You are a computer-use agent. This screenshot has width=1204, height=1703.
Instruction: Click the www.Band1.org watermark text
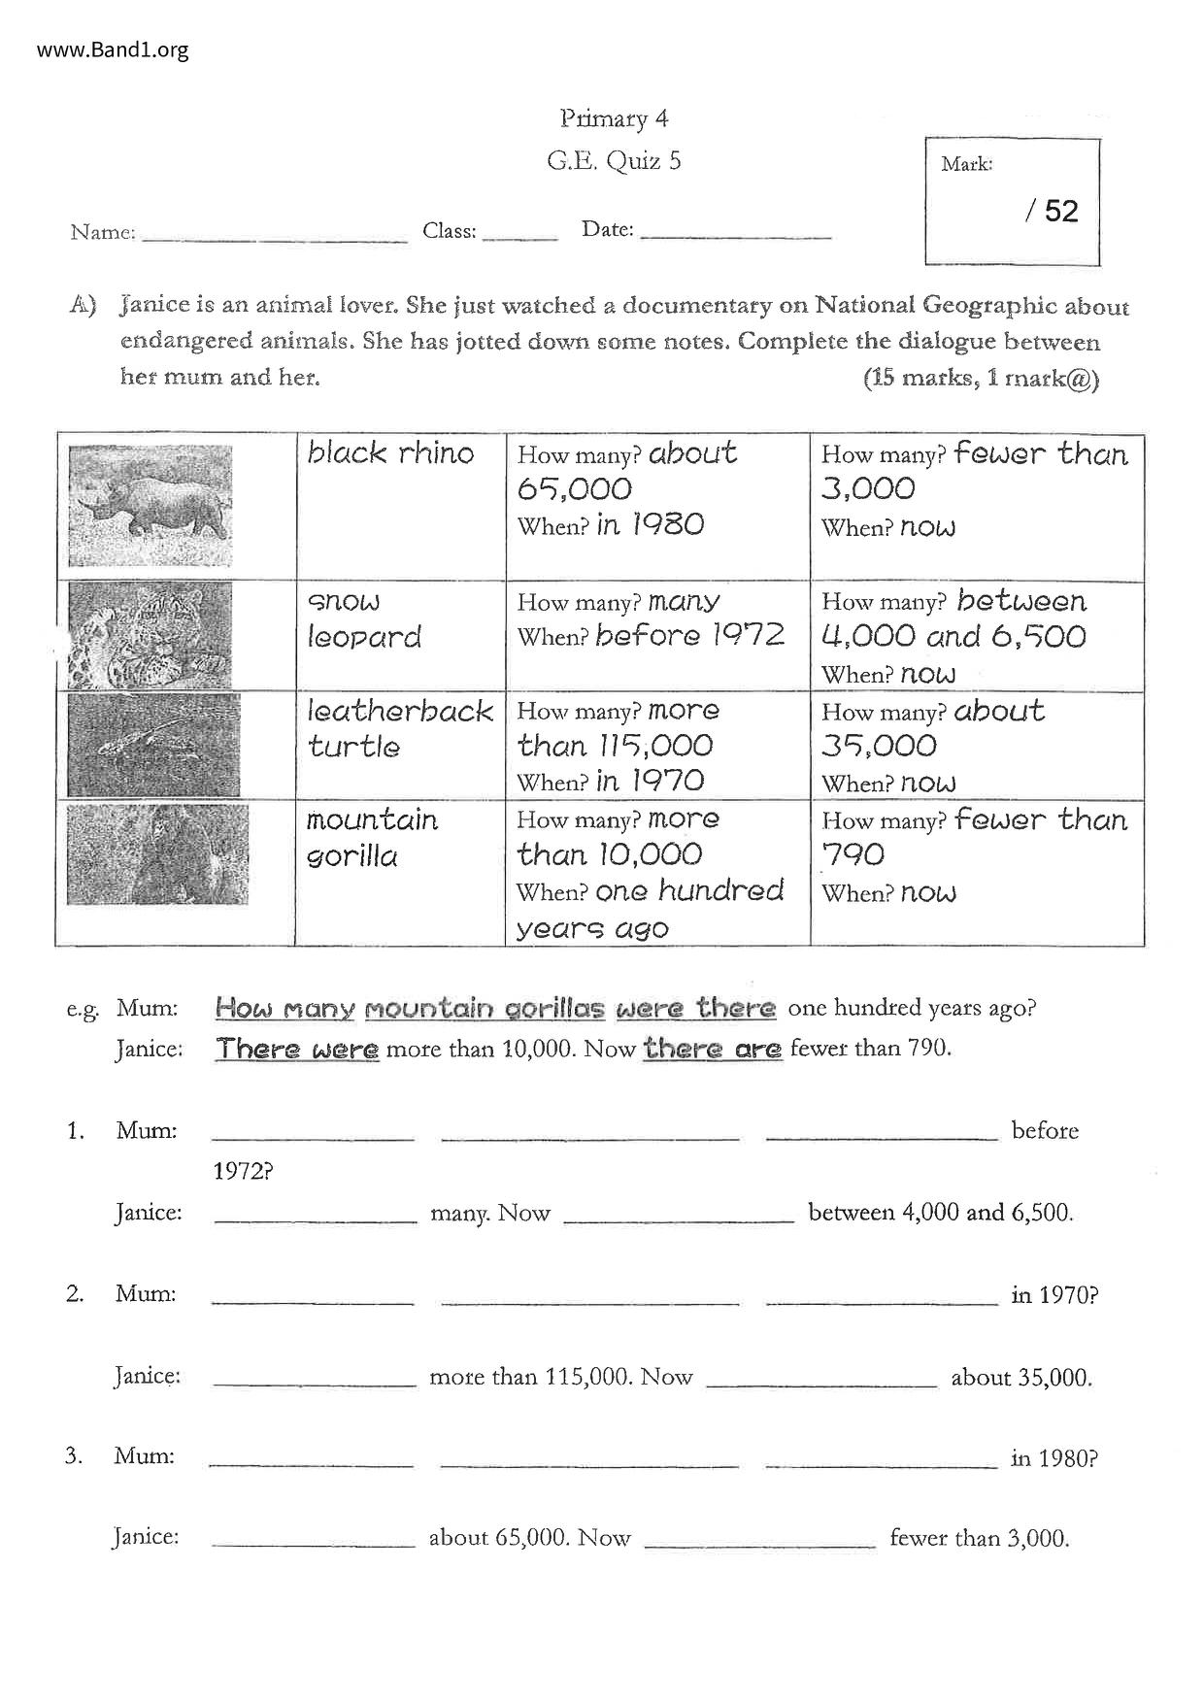113,50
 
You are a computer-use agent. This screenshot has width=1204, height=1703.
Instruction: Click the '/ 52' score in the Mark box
1052,212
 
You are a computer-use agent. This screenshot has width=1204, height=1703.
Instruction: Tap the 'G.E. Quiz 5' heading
614,160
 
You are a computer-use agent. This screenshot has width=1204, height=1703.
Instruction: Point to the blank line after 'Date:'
736,234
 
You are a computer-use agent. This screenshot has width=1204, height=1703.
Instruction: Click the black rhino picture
151,506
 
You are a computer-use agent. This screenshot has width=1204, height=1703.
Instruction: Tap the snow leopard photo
150,636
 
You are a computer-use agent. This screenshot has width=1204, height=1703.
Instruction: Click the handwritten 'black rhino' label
390,453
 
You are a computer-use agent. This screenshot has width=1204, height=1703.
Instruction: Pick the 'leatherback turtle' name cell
399,729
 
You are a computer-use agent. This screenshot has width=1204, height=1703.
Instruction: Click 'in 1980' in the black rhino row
650,525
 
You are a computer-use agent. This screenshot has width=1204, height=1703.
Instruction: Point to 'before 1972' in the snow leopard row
689,636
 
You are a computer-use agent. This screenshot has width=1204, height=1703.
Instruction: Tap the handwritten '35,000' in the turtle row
879,746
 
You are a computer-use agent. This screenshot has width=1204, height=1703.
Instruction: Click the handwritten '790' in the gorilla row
853,854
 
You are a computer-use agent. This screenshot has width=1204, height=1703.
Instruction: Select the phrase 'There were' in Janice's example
297,1050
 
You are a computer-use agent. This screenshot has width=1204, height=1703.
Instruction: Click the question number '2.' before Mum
75,1294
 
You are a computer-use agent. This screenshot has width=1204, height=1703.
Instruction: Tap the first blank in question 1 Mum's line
313,1134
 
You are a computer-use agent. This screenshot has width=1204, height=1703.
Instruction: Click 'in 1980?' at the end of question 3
1053,1458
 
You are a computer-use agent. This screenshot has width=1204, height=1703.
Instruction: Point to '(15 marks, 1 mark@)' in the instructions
981,379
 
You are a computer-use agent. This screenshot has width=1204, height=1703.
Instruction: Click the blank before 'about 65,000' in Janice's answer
313,1540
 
